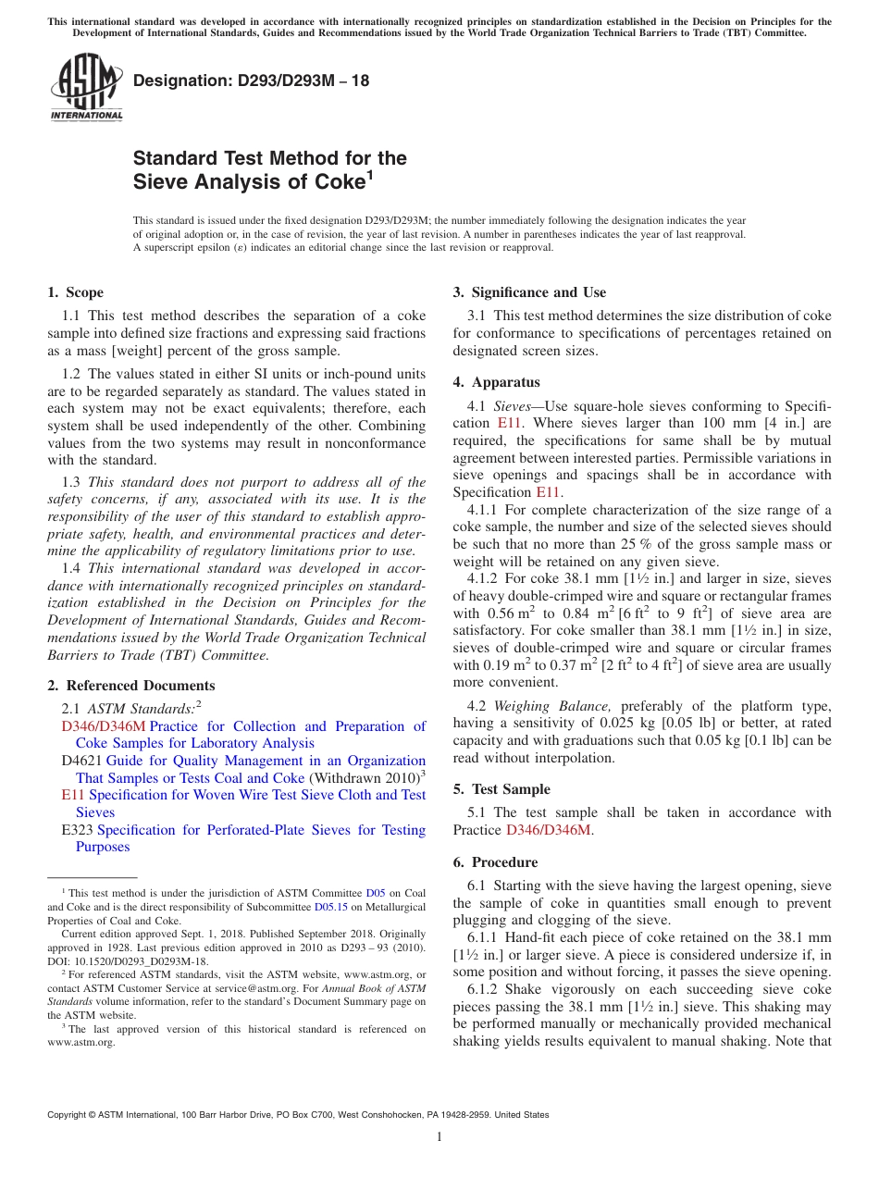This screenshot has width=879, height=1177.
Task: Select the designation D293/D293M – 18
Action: point(251,81)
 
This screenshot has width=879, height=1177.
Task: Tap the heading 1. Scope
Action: point(75,292)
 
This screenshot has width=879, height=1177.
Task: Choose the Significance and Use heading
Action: point(529,292)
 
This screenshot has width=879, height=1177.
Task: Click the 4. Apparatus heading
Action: point(496,382)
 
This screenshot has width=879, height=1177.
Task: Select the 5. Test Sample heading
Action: point(501,789)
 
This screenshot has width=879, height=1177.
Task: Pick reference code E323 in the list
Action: point(77,830)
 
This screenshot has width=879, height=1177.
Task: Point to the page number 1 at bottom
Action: point(439,1136)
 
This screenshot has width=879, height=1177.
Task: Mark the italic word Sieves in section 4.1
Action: point(512,405)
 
